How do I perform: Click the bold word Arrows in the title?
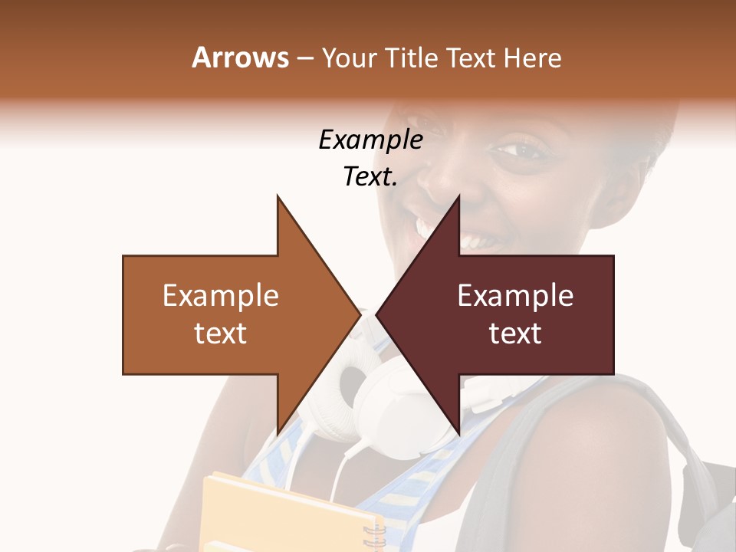240,58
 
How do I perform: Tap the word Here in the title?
533,58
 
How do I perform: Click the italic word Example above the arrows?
370,140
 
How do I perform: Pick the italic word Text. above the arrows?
370,177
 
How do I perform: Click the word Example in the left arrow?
220,295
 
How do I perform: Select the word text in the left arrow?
220,333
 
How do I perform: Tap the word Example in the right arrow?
515,295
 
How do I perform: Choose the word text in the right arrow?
515,333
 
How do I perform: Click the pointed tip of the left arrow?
359,314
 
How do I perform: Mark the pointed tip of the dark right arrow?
378,314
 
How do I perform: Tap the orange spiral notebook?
291,514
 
